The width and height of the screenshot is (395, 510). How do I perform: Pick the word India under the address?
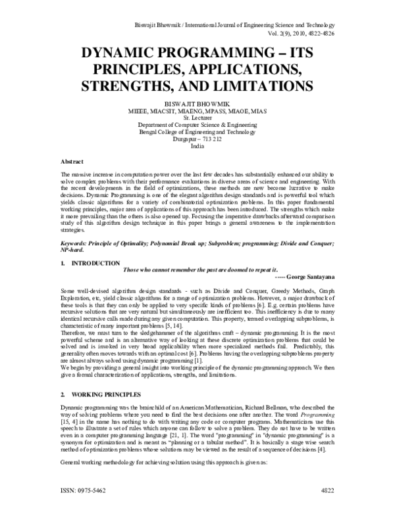[x=197, y=148]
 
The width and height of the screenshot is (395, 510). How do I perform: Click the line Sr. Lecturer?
[x=197, y=120]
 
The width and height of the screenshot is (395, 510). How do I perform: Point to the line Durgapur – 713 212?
[x=197, y=141]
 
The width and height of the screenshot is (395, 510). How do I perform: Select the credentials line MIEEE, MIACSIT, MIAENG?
[x=197, y=112]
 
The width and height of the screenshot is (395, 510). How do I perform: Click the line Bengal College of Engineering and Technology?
[x=197, y=133]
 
